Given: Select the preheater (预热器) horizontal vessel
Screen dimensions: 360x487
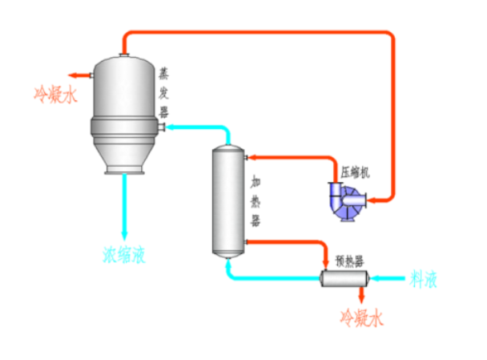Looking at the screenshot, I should tap(343, 278).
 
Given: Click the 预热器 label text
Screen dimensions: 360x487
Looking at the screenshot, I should tap(349, 261).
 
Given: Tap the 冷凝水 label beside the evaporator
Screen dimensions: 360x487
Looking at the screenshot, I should tap(54, 95).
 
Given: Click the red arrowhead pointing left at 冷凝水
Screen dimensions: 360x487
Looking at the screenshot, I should tap(73, 75).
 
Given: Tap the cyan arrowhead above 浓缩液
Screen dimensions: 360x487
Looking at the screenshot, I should tap(124, 233).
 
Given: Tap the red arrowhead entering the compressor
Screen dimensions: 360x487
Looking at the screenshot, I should tap(373, 198).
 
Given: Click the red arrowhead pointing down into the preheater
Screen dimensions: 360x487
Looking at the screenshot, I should tap(326, 264).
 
